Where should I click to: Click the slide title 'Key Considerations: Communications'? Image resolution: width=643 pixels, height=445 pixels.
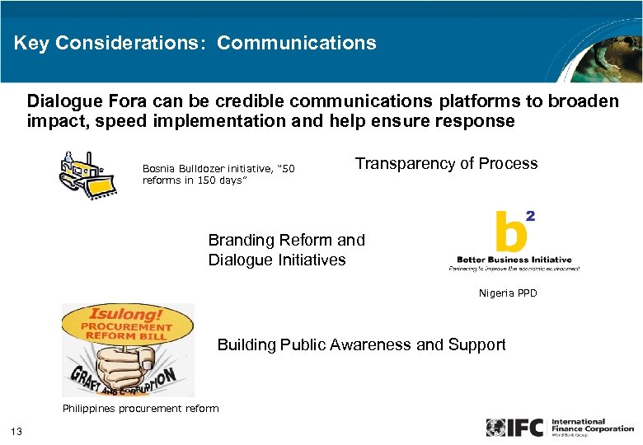[x=195, y=43]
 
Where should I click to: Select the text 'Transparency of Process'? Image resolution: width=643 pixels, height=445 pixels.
[x=446, y=163]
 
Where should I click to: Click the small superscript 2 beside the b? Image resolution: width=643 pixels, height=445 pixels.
[x=530, y=216]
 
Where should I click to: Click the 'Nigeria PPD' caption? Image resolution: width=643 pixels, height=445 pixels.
[x=507, y=293]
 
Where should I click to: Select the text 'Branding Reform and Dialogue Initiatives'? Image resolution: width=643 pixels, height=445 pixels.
[x=286, y=250]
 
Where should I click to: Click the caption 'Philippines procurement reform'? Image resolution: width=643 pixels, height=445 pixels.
[x=141, y=408]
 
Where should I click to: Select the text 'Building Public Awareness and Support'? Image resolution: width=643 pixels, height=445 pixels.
[x=361, y=344]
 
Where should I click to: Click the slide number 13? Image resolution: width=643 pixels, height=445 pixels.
[x=16, y=431]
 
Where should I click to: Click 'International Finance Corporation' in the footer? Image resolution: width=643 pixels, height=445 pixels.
[x=593, y=425]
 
